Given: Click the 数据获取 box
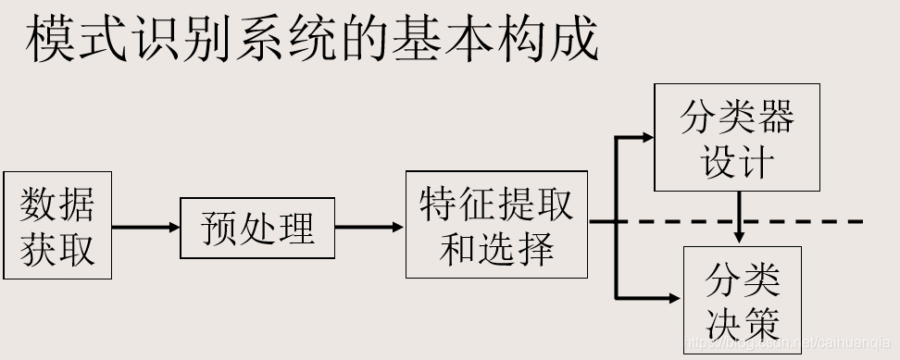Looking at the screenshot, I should (57, 225).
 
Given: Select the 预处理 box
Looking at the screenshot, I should (256, 228).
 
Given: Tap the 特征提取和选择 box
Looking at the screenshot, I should (496, 225).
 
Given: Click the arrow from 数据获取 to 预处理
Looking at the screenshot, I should (145, 228).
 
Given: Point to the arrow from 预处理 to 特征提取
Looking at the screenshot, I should (369, 227).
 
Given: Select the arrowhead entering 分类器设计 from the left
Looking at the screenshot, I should (646, 138).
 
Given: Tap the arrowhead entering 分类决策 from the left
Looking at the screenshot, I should (674, 298).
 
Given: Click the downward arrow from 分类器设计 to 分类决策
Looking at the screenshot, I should (739, 218).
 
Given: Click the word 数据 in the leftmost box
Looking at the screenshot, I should (57, 204).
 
